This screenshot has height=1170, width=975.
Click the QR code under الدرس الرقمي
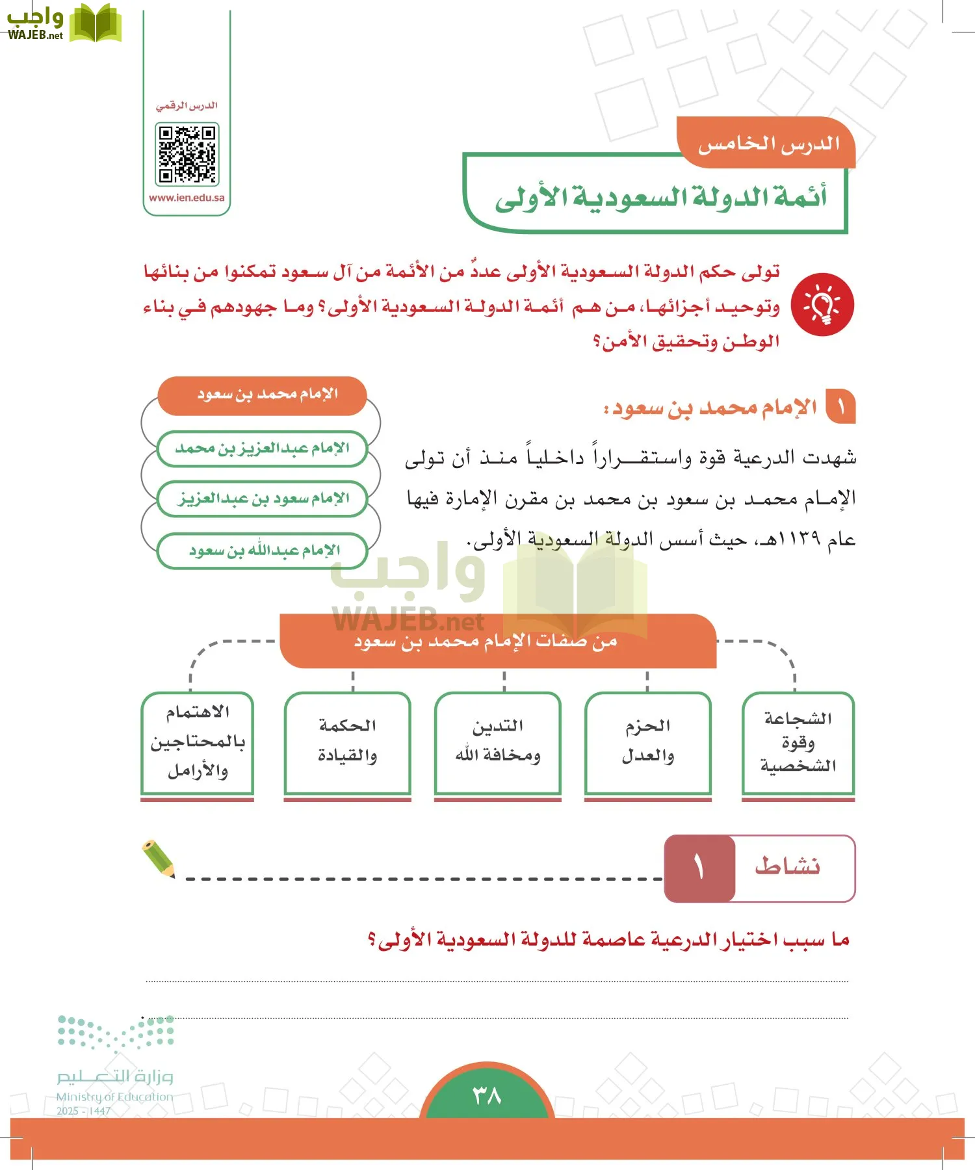point(187,154)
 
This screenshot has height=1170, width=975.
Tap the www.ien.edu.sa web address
point(187,198)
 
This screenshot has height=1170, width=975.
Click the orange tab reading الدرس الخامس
point(768,144)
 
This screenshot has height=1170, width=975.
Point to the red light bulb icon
point(822,304)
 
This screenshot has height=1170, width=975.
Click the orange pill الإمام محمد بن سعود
point(263,395)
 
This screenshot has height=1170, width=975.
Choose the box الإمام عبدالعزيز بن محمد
point(263,448)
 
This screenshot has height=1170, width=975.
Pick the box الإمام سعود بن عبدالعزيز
point(263,499)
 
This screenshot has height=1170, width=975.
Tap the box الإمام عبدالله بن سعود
point(263,551)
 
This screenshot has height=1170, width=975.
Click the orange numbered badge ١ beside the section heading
point(840,408)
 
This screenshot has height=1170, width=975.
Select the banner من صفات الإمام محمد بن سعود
point(498,642)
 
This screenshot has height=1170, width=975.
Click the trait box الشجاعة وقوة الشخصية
point(798,742)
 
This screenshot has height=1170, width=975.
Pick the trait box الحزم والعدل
point(647,742)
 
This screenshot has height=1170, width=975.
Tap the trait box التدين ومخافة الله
point(498,742)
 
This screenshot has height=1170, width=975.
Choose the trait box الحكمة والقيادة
point(348,742)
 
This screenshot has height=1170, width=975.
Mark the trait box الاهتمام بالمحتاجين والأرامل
point(197,742)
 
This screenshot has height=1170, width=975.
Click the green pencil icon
point(159,859)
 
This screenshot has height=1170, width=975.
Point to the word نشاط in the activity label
point(788,867)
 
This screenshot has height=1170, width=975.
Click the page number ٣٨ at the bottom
point(487,1096)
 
